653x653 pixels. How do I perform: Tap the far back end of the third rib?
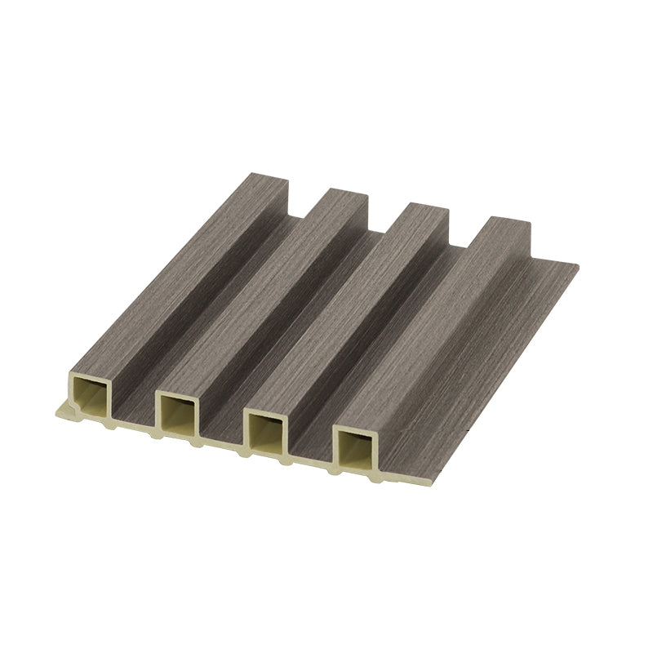click(424, 210)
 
